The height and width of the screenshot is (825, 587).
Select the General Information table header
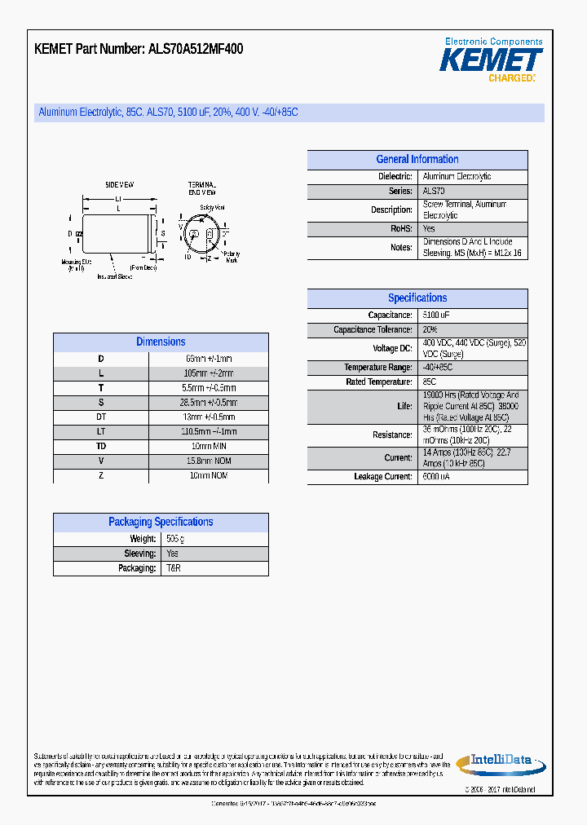pyautogui.click(x=417, y=160)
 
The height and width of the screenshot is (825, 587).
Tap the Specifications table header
pyautogui.click(x=417, y=298)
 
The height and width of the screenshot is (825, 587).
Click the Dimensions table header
pyautogui.click(x=161, y=342)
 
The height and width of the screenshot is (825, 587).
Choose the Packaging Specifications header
pyautogui.click(x=161, y=522)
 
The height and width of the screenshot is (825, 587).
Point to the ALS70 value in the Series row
pyautogui.click(x=435, y=191)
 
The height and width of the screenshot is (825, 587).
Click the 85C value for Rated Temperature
pyautogui.click(x=430, y=382)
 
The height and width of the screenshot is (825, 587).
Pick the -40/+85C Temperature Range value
pyautogui.click(x=437, y=368)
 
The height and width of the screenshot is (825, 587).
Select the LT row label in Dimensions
pyautogui.click(x=101, y=431)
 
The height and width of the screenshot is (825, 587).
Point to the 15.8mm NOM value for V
pyautogui.click(x=211, y=461)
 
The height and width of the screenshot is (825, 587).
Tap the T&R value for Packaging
pyautogui.click(x=174, y=568)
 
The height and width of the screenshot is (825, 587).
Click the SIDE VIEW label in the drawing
pyautogui.click(x=119, y=185)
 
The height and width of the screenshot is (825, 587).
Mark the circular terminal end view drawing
pyautogui.click(x=201, y=234)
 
